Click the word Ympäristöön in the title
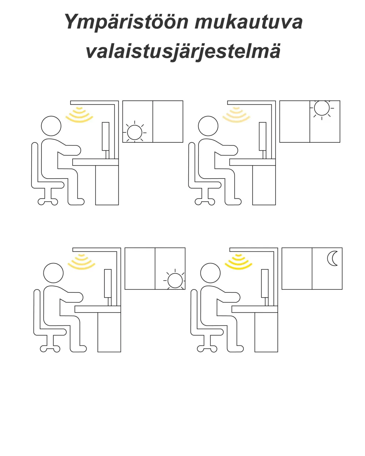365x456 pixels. click(x=126, y=22)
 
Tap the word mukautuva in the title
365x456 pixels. click(x=248, y=22)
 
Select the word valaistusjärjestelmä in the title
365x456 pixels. click(x=183, y=51)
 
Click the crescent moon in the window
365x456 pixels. click(x=333, y=258)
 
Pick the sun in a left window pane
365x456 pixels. click(x=134, y=132)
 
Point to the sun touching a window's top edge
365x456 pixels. click(x=322, y=108)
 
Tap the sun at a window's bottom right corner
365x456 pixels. click(x=174, y=281)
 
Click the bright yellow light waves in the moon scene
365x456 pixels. click(x=238, y=261)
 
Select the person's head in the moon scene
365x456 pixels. click(x=210, y=273)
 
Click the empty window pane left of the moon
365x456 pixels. click(x=297, y=268)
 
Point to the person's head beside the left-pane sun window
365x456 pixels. click(x=51, y=126)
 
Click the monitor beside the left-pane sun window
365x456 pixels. click(x=105, y=136)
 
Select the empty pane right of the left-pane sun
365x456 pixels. click(x=168, y=121)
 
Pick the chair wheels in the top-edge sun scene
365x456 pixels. click(x=205, y=201)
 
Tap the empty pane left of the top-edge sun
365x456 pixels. click(x=295, y=121)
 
